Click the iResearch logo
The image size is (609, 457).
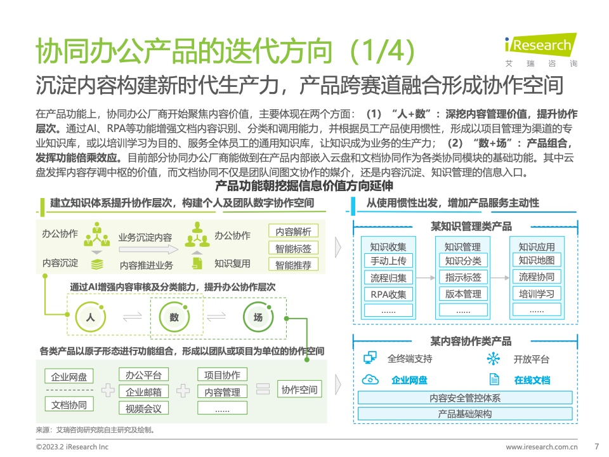(x=540, y=50)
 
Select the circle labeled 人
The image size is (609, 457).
(x=91, y=317)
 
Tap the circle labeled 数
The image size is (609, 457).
(x=174, y=317)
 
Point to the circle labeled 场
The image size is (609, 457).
(x=258, y=317)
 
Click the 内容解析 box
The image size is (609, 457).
(x=293, y=231)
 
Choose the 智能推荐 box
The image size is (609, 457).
(x=293, y=265)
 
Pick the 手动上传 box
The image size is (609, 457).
(x=388, y=260)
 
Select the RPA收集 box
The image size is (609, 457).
(x=388, y=294)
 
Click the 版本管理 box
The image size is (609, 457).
(x=463, y=293)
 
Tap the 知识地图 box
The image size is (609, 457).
(x=537, y=260)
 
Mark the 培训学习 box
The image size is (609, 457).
(x=537, y=293)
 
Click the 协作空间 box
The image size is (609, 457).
(x=299, y=389)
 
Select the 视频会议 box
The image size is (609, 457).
(x=144, y=408)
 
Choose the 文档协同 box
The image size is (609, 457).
(x=69, y=404)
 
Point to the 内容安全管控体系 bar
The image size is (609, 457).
(x=465, y=397)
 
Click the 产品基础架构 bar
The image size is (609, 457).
(x=465, y=413)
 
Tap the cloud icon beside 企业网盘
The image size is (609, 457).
(x=370, y=380)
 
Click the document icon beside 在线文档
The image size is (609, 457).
(x=494, y=379)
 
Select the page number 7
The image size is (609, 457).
(x=596, y=446)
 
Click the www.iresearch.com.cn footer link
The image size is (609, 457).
(x=541, y=447)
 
